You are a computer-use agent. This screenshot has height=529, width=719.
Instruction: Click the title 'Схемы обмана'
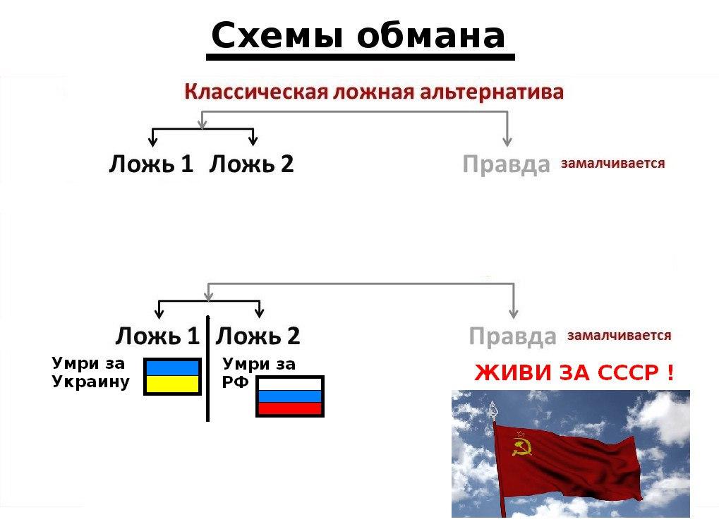pyautogui.click(x=358, y=36)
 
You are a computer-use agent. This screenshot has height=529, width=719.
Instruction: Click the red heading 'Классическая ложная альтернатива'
pyautogui.click(x=374, y=92)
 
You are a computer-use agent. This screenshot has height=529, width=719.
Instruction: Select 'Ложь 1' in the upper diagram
pyautogui.click(x=151, y=164)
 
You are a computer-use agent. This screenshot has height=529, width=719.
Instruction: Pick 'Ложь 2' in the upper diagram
pyautogui.click(x=251, y=164)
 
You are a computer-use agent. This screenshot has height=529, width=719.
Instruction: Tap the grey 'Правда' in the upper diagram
pyautogui.click(x=506, y=164)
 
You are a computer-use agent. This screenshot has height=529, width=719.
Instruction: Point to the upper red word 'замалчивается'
pyautogui.click(x=612, y=163)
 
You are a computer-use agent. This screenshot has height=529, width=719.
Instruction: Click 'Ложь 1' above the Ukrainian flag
pyautogui.click(x=157, y=336)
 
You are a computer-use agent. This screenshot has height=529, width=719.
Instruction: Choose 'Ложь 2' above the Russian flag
pyautogui.click(x=258, y=336)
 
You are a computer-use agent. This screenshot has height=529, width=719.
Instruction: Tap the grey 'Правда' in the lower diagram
pyautogui.click(x=513, y=337)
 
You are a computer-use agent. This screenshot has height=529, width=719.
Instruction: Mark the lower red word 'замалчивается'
pyautogui.click(x=619, y=336)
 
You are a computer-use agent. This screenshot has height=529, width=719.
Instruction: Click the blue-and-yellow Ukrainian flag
pyautogui.click(x=172, y=377)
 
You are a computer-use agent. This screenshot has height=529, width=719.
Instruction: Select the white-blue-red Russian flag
pyautogui.click(x=290, y=396)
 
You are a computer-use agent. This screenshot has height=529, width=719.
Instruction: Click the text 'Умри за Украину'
pyautogui.click(x=90, y=372)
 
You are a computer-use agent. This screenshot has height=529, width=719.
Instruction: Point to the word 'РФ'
pyautogui.click(x=235, y=382)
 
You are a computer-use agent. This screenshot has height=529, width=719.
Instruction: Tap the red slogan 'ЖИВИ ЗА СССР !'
pyautogui.click(x=574, y=372)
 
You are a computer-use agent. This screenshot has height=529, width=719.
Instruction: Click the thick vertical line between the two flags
pyautogui.click(x=207, y=369)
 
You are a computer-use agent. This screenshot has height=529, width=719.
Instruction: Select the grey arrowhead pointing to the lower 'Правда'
pyautogui.click(x=514, y=313)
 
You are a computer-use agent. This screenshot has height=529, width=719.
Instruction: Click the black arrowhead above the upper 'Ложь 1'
pyautogui.click(x=153, y=141)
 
